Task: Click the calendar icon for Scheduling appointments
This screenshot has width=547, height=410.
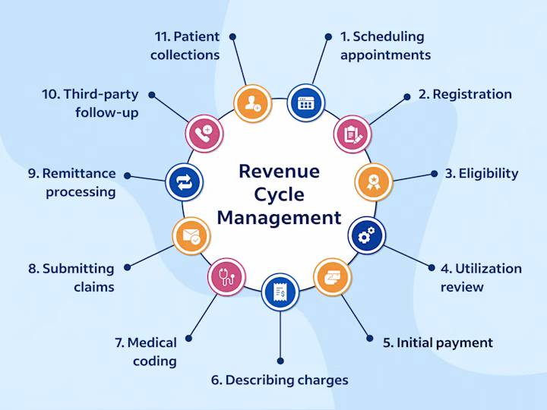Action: coord(305,102)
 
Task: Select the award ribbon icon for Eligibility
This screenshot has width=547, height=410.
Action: coord(373,181)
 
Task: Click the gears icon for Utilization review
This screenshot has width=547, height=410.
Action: coord(366,236)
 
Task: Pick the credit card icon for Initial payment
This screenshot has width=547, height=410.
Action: coord(333,275)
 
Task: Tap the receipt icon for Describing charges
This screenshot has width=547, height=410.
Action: coord(280,291)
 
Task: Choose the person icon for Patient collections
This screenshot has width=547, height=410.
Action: coord(250,103)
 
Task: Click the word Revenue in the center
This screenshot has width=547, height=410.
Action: coord(279,171)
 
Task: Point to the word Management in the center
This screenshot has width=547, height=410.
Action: coord(279,219)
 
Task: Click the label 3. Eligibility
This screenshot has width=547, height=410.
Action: coord(482,173)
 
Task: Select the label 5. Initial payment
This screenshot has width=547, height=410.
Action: coord(438,342)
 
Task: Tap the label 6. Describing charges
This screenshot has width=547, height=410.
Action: coord(280,380)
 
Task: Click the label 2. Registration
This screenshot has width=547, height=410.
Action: coord(465,94)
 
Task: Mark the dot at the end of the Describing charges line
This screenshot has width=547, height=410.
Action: coord(280,361)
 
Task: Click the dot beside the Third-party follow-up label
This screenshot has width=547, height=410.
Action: coord(152,96)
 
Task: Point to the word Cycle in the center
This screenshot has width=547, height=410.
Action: coord(279,194)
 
